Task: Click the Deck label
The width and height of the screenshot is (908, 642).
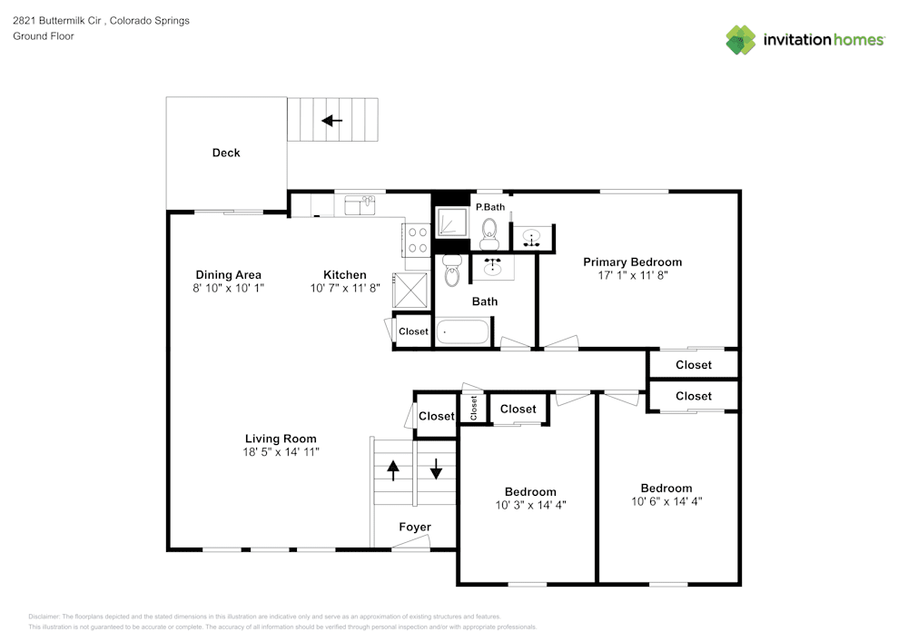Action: tap(226, 153)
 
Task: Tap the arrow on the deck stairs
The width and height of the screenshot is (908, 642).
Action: tap(331, 120)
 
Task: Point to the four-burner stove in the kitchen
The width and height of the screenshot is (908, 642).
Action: tap(417, 239)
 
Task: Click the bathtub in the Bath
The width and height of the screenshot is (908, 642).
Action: tap(464, 331)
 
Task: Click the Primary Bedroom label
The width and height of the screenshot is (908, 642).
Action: tap(632, 262)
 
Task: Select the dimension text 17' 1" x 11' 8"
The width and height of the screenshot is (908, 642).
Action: tap(632, 275)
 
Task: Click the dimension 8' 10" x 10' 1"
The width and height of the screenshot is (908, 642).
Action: tap(229, 288)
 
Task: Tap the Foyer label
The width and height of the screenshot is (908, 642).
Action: tap(415, 527)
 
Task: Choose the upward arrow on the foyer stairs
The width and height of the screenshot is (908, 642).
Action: tap(393, 469)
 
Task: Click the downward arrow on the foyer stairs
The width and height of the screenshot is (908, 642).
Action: tap(436, 469)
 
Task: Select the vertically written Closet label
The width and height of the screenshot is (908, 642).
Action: tap(473, 408)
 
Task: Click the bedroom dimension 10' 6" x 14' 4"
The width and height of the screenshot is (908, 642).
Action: tap(666, 501)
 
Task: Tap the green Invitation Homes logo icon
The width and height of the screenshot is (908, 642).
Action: tap(741, 40)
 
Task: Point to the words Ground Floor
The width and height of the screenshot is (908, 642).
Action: tap(44, 36)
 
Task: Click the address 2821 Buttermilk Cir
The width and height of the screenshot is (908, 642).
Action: tap(56, 20)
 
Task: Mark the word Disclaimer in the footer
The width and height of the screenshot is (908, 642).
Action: tap(44, 616)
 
